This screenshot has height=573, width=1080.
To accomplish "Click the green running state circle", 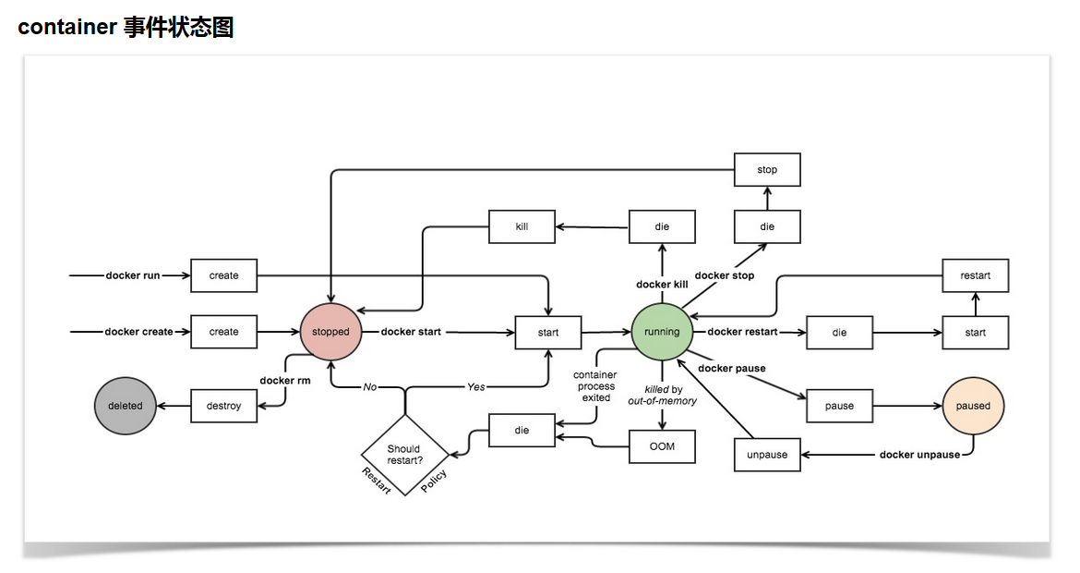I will (662, 332).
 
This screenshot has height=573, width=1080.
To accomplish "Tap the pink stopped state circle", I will (330, 332).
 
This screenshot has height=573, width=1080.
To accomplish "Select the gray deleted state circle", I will (125, 406).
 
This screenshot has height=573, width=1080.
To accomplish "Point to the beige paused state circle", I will (972, 406).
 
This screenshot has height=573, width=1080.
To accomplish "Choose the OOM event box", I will (662, 446).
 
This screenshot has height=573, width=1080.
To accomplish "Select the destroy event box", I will (223, 406).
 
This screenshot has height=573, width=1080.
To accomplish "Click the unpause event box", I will (767, 455).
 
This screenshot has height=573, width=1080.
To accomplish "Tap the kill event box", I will (522, 226).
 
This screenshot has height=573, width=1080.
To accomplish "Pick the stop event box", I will (767, 169).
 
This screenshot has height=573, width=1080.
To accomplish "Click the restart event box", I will (975, 275).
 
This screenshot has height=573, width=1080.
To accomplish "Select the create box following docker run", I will (223, 275).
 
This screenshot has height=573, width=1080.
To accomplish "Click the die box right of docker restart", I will (839, 333).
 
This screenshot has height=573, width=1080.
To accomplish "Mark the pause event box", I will (839, 406).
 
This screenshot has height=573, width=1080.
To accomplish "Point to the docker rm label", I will (284, 380).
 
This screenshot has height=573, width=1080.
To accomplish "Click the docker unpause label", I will (919, 455).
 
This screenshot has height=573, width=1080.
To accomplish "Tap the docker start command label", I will (411, 332).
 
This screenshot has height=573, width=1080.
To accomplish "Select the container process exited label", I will (595, 386).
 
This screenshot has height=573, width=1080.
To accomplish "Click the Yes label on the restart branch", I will (475, 386).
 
